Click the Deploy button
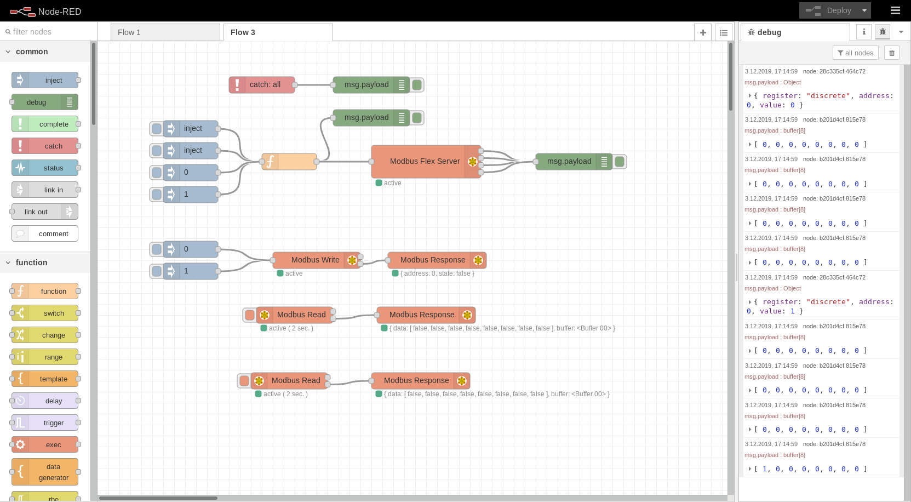click(827, 10)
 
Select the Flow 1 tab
click(164, 32)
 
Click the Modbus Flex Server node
click(419, 161)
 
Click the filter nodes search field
click(49, 32)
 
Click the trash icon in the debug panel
click(892, 53)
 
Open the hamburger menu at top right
click(895, 10)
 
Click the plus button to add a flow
click(703, 32)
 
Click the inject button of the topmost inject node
click(157, 128)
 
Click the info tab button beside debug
click(864, 32)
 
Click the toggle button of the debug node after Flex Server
click(620, 161)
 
